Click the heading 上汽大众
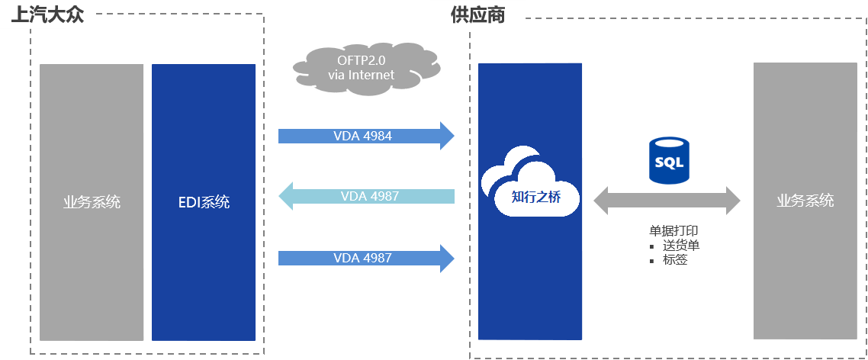pos(47,14)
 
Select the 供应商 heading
pos(477,14)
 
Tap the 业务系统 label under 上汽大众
pos(92,202)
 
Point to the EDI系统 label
pos(203,202)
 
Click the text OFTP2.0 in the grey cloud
pos(361,60)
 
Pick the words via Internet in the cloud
pos(361,75)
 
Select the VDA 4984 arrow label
pos(362,137)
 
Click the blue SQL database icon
pos(667,161)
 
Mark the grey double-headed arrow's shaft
pos(667,201)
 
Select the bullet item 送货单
pos(681,245)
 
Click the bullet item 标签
pos(675,259)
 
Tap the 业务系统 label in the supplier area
pos(805,201)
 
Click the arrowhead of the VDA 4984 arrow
pos(447,137)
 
